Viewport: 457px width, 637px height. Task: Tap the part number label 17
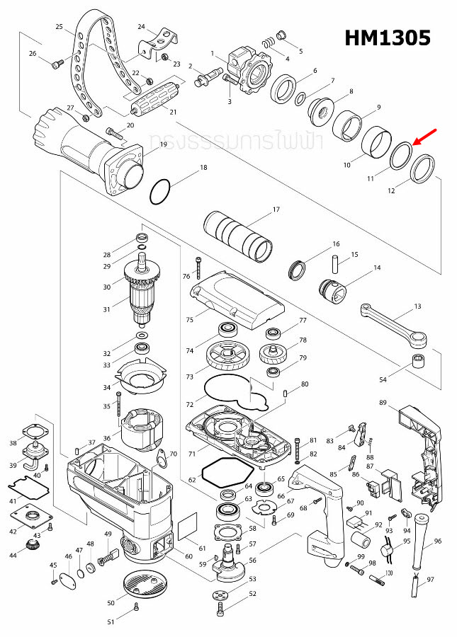coord(277,210)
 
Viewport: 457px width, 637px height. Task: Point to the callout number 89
coord(383,403)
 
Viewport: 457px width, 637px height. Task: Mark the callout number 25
coord(60,26)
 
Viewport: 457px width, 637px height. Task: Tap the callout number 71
coord(191,452)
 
